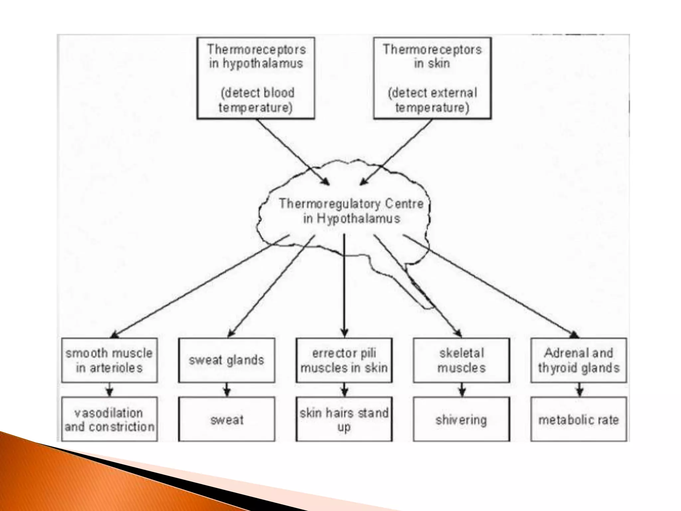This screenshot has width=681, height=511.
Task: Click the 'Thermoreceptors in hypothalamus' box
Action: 255,78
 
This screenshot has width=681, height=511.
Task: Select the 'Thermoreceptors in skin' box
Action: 432,78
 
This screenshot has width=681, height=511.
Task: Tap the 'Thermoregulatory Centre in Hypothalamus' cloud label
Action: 351,211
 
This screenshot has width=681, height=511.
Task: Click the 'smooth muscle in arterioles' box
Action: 109,361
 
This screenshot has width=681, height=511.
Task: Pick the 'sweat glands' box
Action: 226,361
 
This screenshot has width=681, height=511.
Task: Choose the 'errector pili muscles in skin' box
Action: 344,361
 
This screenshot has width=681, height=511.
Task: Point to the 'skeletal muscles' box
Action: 462,361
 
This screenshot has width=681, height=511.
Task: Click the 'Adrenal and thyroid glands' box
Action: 579,361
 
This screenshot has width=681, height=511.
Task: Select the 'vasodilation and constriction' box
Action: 109,420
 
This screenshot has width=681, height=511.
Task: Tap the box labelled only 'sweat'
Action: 227,420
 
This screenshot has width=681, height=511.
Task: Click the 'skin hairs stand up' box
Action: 344,420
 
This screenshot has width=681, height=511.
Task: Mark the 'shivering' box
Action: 462,420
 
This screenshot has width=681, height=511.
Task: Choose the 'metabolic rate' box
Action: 579,420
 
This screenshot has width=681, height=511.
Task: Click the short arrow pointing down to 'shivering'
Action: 462,390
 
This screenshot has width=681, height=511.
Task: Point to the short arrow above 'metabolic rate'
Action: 580,390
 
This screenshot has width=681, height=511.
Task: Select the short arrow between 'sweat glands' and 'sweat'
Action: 227,390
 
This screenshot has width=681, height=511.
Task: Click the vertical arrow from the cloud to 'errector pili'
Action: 344,286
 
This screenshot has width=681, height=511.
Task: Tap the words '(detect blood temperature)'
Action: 256,100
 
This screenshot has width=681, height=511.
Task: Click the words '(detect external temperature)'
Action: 432,100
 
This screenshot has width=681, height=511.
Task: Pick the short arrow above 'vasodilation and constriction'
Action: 110,390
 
